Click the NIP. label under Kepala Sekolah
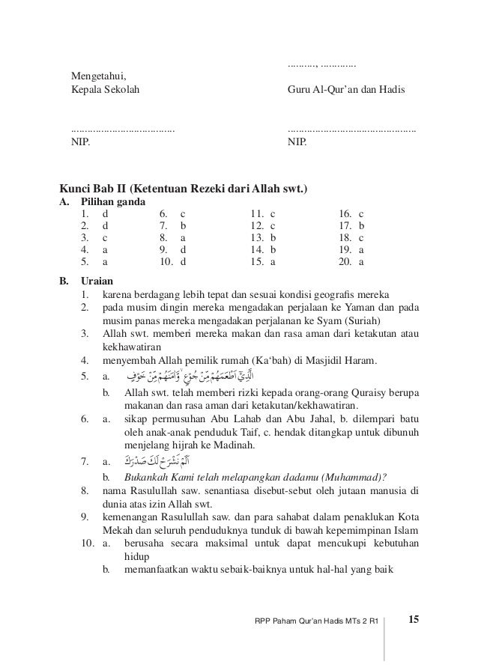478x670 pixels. [79, 140]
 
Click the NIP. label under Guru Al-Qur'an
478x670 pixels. [297, 140]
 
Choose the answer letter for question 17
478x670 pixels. [362, 225]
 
